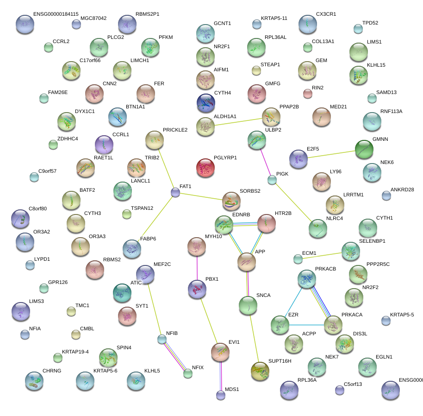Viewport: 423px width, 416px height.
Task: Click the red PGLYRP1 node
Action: (x=205, y=168)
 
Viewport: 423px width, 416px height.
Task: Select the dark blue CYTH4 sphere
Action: (x=205, y=103)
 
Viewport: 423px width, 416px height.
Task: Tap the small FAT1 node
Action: (x=175, y=192)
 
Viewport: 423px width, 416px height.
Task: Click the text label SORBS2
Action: (x=250, y=191)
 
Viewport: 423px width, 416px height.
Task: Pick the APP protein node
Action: (x=247, y=262)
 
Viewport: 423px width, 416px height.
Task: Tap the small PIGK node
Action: (x=272, y=180)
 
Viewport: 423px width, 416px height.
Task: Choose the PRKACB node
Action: (x=307, y=279)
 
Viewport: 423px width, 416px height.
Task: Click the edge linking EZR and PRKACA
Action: (x=306, y=325)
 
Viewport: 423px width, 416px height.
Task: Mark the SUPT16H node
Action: (x=260, y=370)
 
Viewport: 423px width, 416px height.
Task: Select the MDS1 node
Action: (x=221, y=395)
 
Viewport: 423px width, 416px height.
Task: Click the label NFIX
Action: (x=198, y=367)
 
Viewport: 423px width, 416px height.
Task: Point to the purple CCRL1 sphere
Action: (x=104, y=145)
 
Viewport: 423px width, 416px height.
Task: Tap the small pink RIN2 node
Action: (x=308, y=94)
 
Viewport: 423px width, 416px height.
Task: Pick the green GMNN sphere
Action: (x=364, y=149)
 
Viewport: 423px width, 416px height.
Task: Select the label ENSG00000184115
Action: (x=56, y=14)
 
